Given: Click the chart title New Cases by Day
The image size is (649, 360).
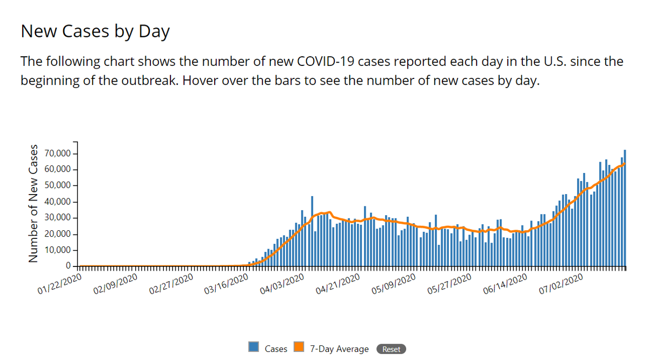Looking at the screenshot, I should point(95,31).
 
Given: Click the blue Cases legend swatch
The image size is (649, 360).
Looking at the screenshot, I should point(254,348).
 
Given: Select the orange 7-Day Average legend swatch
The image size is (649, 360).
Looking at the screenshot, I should point(299,348).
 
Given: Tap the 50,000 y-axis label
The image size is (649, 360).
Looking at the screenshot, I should point(56,185).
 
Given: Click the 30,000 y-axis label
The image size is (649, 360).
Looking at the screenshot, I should point(56,218).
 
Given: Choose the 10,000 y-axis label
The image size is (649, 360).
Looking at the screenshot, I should point(56,250).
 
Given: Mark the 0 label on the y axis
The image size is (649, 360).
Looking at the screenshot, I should point(68,266).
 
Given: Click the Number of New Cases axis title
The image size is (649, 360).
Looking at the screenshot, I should point(34,204).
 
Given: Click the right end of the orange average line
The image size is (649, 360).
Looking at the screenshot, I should point(625,163).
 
